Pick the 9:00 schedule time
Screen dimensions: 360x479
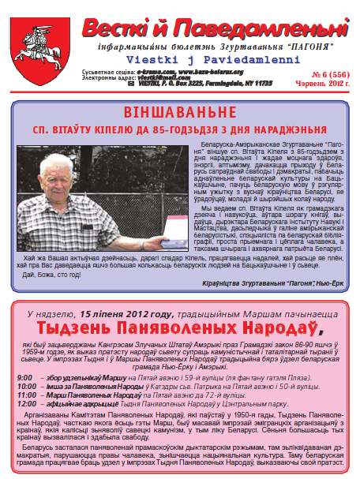pyautogui.click(x=24, y=377)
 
